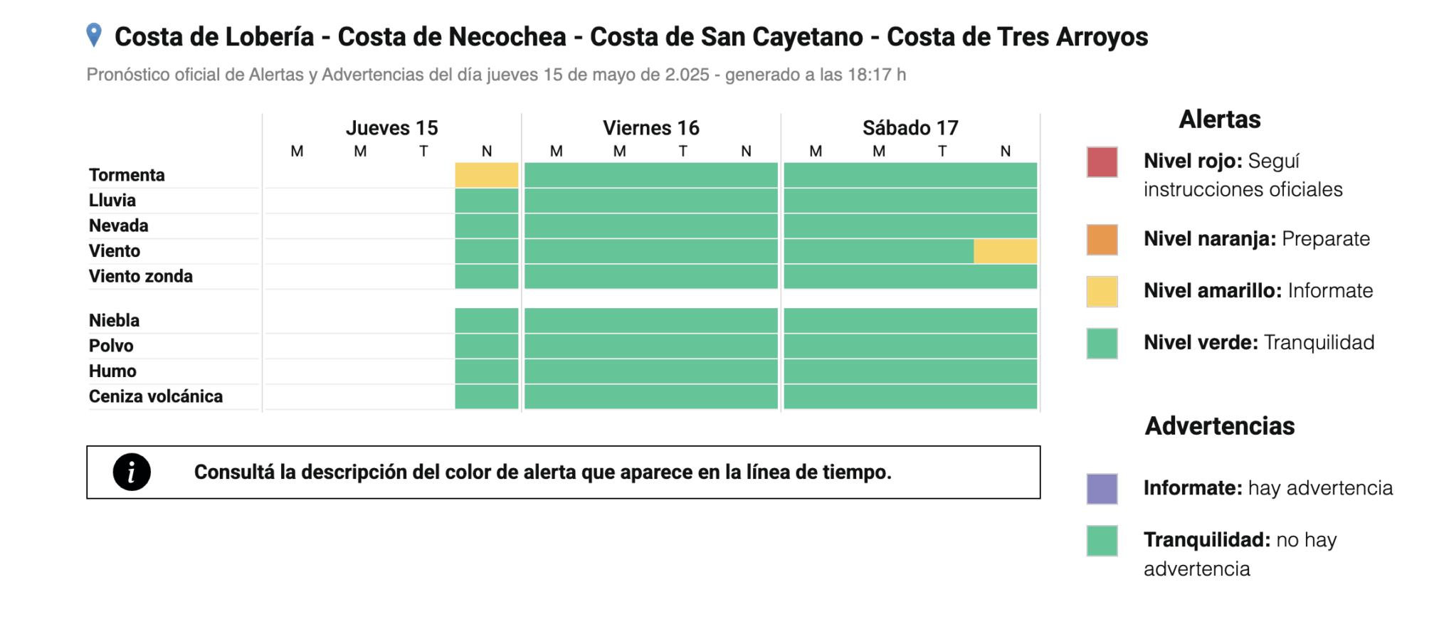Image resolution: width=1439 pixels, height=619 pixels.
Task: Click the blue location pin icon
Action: click(94, 35)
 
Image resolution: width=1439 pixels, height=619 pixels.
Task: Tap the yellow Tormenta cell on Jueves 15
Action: click(487, 175)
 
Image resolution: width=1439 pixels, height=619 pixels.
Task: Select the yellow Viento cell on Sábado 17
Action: click(1005, 251)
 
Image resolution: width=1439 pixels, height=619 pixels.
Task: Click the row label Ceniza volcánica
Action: click(156, 396)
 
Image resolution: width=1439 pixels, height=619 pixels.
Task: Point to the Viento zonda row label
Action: click(141, 276)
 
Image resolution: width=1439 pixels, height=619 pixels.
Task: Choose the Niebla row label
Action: click(114, 320)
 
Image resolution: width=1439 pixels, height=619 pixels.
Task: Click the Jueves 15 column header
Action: click(391, 128)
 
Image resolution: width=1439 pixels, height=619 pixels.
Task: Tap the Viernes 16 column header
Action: click(650, 128)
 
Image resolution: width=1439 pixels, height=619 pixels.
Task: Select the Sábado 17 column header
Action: click(910, 128)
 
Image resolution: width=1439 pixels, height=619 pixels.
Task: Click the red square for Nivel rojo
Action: click(1102, 162)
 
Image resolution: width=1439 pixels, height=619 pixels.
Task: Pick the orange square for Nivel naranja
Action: click(1102, 240)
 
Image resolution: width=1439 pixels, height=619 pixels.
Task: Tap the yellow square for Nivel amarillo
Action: click(1102, 292)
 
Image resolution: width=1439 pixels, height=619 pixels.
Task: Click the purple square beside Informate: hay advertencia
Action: click(1102, 489)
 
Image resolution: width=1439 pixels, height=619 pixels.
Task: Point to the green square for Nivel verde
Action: click(1102, 344)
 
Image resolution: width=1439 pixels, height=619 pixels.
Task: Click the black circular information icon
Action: click(132, 472)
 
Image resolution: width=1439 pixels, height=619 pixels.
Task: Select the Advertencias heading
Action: click(1220, 426)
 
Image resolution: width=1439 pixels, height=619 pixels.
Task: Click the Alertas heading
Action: click(1220, 120)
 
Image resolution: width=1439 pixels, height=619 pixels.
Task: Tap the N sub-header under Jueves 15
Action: click(487, 151)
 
